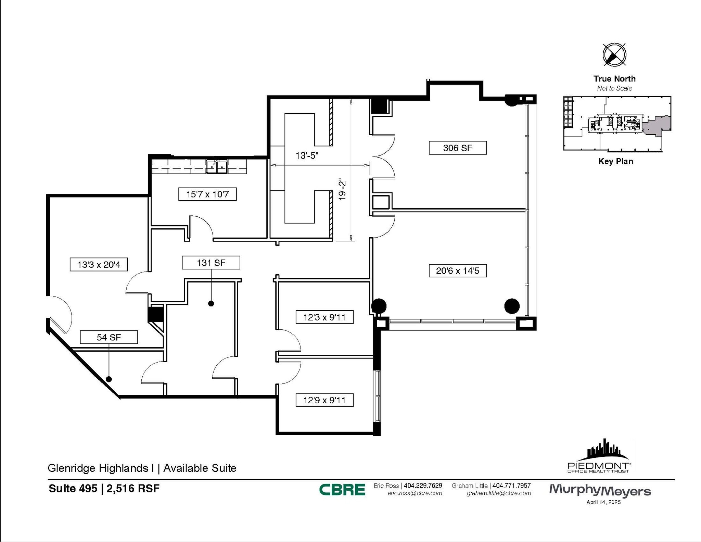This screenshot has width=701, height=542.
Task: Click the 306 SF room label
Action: pyautogui.click(x=457, y=148)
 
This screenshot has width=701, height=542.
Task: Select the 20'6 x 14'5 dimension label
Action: pyautogui.click(x=457, y=271)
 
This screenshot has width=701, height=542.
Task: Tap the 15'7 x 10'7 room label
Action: pyautogui.click(x=207, y=194)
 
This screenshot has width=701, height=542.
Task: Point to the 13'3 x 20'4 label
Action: pyautogui.click(x=99, y=265)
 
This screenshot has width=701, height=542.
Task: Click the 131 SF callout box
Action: pyautogui.click(x=211, y=263)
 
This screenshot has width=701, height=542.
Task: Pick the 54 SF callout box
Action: pyautogui.click(x=109, y=337)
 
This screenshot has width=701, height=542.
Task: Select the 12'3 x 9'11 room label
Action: pyautogui.click(x=324, y=317)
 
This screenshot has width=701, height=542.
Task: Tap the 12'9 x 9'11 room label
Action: pyautogui.click(x=324, y=400)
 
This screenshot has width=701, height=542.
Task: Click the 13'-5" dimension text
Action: pyautogui.click(x=307, y=156)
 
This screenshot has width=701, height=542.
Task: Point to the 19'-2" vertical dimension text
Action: pyautogui.click(x=342, y=189)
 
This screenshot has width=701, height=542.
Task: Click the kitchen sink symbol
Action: pyautogui.click(x=217, y=167)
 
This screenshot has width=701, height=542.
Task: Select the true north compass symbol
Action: pyautogui.click(x=614, y=55)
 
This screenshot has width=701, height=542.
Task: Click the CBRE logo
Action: pyautogui.click(x=342, y=490)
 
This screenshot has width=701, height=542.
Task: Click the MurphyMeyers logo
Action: pyautogui.click(x=600, y=490)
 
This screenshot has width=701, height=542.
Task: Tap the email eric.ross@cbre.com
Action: pyautogui.click(x=415, y=493)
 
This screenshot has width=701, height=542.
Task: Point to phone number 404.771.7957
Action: pyautogui.click(x=511, y=486)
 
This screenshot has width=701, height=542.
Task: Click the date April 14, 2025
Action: pyautogui.click(x=603, y=503)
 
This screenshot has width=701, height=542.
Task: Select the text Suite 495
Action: pyautogui.click(x=73, y=488)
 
